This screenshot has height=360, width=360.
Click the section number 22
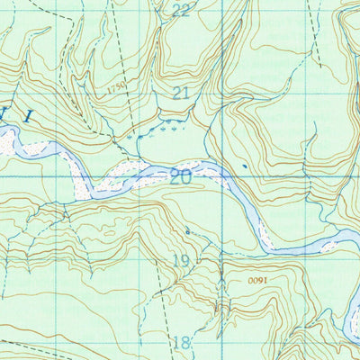coord(181,10)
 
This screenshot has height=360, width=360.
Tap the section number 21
coord(181,93)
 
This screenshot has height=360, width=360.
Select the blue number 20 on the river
coord(180,176)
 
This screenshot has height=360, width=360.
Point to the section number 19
coord(181,261)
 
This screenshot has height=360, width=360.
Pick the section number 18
coord(181,342)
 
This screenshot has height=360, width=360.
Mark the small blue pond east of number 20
coord(245,166)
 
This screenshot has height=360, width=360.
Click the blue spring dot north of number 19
coord(187,231)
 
